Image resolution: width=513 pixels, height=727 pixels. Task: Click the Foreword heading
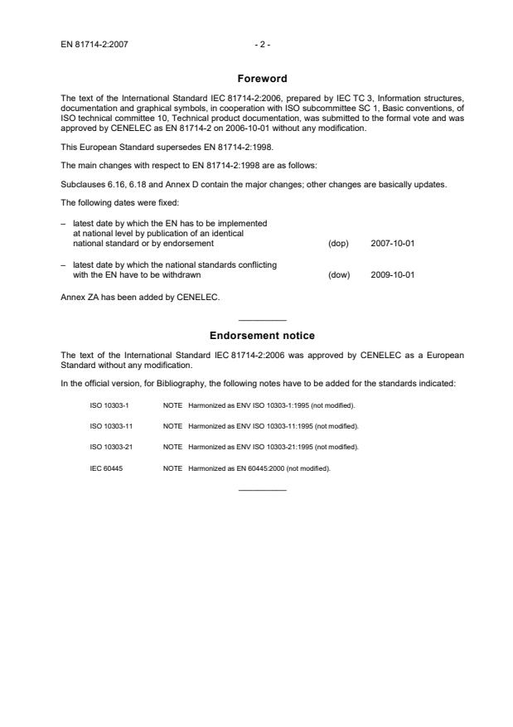tap(262, 79)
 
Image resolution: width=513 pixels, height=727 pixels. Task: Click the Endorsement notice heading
tap(262, 336)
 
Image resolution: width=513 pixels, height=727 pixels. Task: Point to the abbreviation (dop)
tap(338, 244)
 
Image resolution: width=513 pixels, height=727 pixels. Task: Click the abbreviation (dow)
tap(338, 274)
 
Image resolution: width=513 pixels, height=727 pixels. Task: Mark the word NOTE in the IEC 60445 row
tap(172, 468)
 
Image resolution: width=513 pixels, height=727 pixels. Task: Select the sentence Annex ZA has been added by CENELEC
tap(141, 298)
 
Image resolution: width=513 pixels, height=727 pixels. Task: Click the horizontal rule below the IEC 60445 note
tap(262, 490)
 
